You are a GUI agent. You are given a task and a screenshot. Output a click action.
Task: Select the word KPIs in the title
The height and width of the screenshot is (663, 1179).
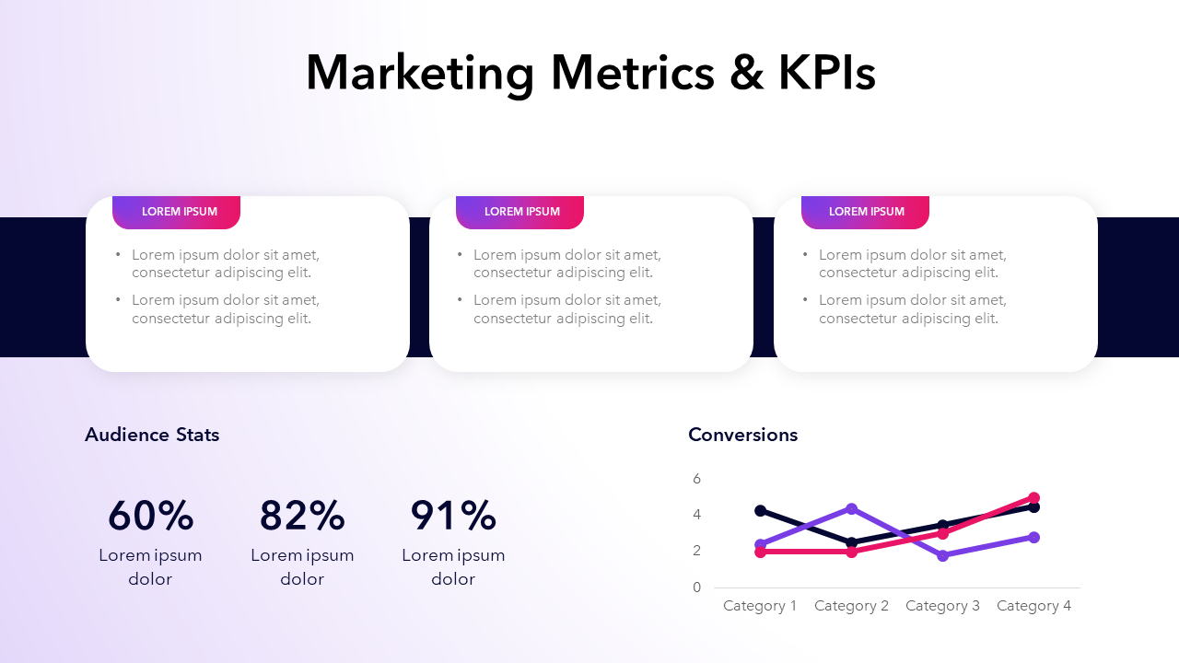pyautogui.click(x=826, y=73)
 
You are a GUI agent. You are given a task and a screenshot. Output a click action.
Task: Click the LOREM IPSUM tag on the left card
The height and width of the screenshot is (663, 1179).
pyautogui.click(x=179, y=212)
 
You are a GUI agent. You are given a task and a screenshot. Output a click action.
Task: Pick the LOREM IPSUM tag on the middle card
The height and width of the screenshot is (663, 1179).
pyautogui.click(x=521, y=212)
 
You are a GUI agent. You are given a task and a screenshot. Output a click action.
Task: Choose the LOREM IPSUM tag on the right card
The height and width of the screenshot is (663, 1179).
pyautogui.click(x=866, y=212)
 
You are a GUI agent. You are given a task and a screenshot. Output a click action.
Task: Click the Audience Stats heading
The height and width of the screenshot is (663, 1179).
pyautogui.click(x=152, y=435)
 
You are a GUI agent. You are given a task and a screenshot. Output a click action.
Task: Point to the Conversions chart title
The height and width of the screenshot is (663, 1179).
pyautogui.click(x=742, y=435)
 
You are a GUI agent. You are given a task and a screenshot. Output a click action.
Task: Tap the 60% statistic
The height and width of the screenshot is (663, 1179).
pyautogui.click(x=150, y=516)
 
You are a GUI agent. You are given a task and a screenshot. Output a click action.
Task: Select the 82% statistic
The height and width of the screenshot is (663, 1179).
pyautogui.click(x=302, y=516)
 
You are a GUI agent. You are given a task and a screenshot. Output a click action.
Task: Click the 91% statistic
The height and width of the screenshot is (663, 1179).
pyautogui.click(x=453, y=516)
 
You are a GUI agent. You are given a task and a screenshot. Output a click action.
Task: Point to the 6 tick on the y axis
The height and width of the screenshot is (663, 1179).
pyautogui.click(x=697, y=479)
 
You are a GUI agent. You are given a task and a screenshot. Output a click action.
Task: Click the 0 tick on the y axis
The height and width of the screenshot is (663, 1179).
pyautogui.click(x=697, y=587)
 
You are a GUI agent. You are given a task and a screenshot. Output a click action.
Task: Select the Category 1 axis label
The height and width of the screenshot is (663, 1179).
pyautogui.click(x=760, y=606)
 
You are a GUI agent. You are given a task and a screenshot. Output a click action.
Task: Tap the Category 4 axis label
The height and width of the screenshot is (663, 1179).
pyautogui.click(x=1033, y=606)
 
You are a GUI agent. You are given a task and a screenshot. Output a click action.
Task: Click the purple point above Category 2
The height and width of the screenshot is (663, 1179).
pyautogui.click(x=851, y=508)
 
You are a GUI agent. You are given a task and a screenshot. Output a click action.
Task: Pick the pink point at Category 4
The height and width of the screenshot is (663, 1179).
pyautogui.click(x=1033, y=498)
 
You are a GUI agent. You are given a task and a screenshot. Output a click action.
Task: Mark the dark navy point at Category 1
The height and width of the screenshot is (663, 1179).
pyautogui.click(x=760, y=510)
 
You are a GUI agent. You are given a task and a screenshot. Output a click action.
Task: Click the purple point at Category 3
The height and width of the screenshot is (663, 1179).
pyautogui.click(x=942, y=555)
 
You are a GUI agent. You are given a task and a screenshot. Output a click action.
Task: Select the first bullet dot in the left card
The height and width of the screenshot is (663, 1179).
pyautogui.click(x=118, y=255)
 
